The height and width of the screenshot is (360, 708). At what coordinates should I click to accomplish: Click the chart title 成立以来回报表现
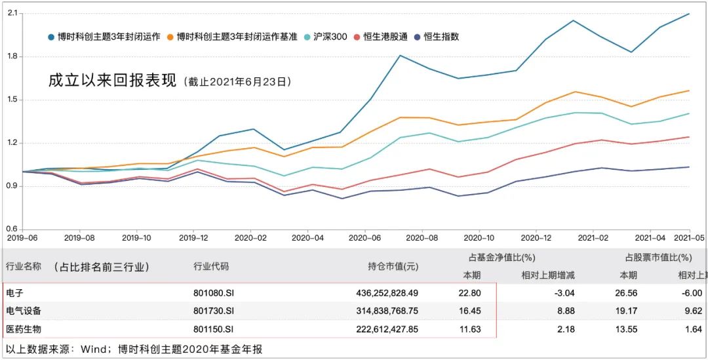pyautogui.click(x=113, y=81)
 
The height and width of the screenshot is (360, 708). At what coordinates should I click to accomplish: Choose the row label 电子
pyautogui.click(x=14, y=293)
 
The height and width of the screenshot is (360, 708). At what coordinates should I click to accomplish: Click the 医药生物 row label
pyautogui.click(x=23, y=329)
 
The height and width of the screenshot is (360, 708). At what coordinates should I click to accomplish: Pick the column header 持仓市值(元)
pyautogui.click(x=393, y=267)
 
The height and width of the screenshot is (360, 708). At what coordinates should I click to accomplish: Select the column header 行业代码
pyautogui.click(x=211, y=267)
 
